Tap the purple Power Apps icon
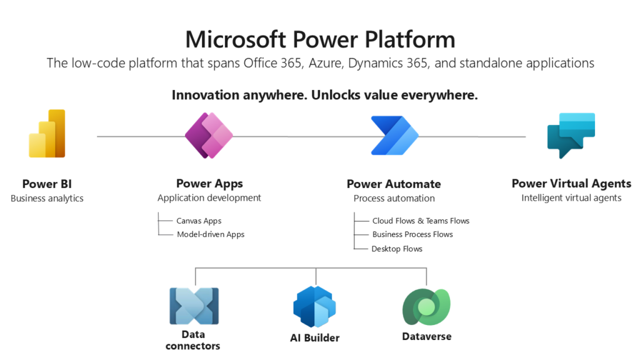tap(209, 135)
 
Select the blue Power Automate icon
tap(394, 135)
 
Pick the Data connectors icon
tap(194, 306)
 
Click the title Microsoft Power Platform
tap(320, 39)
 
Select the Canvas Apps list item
tap(199, 221)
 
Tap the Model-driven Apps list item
tap(210, 234)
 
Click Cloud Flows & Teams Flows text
tap(421, 221)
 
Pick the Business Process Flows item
tap(412, 234)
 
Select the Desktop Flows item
tap(397, 249)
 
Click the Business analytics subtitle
tap(47, 198)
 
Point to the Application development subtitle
tap(209, 198)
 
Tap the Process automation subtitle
tap(394, 198)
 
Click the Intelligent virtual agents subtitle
tap(571, 198)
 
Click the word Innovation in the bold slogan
tap(205, 95)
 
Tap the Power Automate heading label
tap(394, 184)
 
